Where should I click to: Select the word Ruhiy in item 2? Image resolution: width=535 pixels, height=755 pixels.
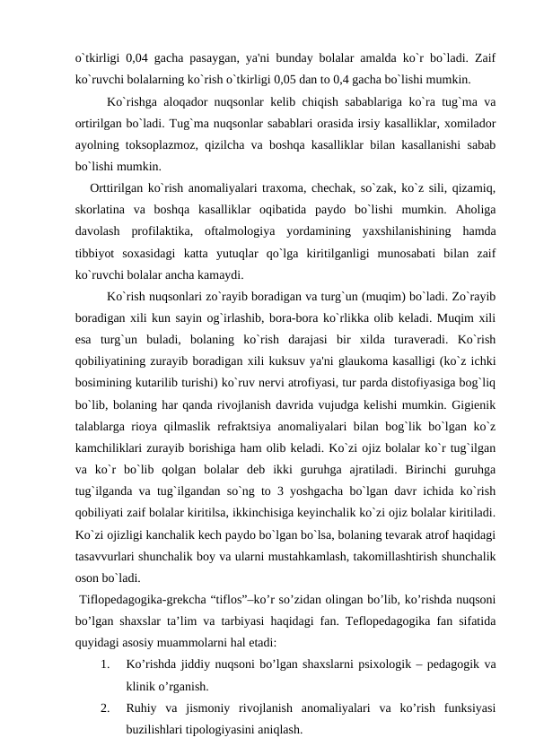point(143,708)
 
